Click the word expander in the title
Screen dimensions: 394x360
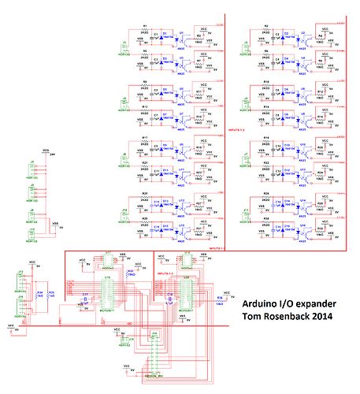[320, 303]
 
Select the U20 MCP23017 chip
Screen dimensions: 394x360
[186, 293]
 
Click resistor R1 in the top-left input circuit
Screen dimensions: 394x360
[144, 29]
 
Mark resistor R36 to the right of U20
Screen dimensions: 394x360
[219, 300]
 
